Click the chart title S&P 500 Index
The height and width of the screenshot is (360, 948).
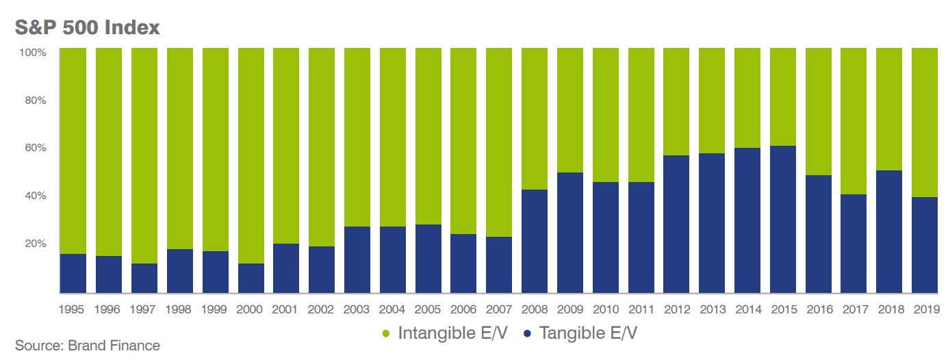tap(87, 27)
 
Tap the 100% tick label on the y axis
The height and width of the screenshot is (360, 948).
tap(32, 53)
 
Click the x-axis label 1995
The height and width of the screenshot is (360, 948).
tap(73, 309)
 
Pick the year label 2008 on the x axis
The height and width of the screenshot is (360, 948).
tap(535, 309)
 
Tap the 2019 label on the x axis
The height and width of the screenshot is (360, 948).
tap(925, 309)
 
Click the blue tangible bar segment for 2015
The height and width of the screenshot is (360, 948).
tap(783, 219)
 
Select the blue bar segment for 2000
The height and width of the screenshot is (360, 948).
tap(251, 278)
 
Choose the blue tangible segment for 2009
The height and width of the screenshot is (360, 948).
tap(570, 233)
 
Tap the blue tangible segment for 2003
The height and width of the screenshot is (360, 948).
tap(357, 259)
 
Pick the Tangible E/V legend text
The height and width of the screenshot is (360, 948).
tap(588, 333)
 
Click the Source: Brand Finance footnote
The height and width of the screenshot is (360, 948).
tap(88, 346)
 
